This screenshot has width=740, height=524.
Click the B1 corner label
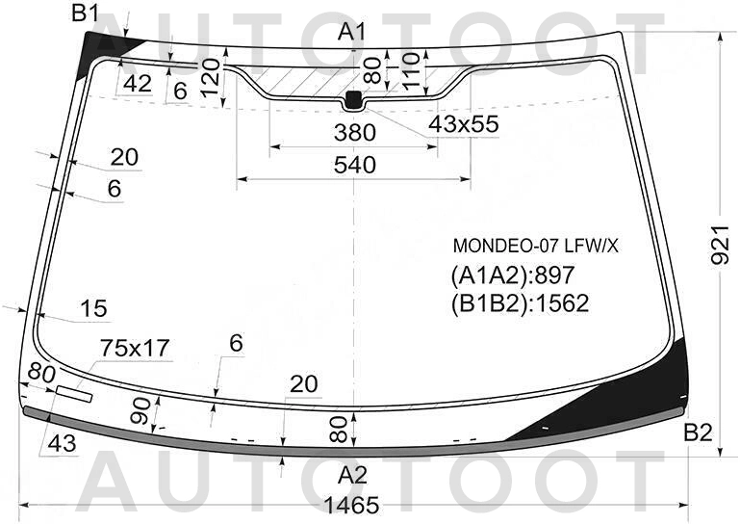(86, 13)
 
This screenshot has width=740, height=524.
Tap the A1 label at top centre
(352, 32)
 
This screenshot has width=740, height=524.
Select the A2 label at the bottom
(352, 475)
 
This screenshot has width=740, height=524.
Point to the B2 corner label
(698, 432)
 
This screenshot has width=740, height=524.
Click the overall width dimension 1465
(351, 505)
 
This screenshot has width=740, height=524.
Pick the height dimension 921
(721, 244)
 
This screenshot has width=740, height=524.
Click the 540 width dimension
(355, 165)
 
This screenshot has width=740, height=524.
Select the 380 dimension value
(355, 133)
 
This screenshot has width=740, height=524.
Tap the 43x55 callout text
(464, 124)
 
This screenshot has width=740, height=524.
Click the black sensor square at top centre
(353, 99)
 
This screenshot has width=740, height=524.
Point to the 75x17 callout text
(135, 349)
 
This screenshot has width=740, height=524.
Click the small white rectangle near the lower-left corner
(74, 394)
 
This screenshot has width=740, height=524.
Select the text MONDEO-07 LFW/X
(535, 246)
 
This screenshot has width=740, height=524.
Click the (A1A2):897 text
(513, 275)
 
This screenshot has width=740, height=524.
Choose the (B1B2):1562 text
(520, 302)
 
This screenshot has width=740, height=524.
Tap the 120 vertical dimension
(211, 77)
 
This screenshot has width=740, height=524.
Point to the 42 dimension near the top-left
(138, 84)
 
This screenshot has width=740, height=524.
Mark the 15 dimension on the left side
(94, 308)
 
